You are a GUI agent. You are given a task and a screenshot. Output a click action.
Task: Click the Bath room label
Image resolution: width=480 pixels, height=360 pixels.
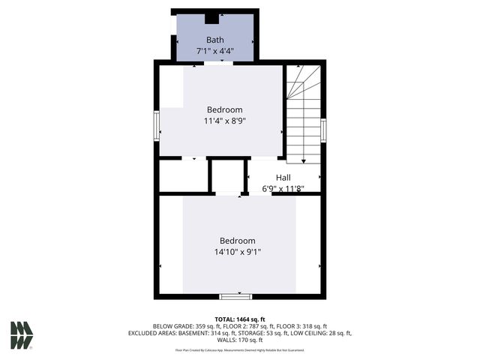point(215,39)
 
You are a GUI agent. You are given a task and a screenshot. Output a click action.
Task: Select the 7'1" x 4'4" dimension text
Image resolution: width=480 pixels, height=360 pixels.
point(215,50)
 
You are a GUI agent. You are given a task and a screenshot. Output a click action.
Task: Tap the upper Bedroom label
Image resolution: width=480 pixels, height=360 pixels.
point(224,109)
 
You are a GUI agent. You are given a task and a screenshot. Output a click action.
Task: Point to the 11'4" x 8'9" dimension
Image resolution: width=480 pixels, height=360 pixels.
point(224,121)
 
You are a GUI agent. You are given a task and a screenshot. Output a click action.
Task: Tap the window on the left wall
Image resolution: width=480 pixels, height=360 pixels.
point(157,125)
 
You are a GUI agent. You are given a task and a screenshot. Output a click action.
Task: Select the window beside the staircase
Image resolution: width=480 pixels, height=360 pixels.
point(323,130)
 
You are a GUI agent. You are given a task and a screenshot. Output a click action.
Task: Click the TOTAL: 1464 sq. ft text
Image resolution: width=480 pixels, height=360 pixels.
point(240,319)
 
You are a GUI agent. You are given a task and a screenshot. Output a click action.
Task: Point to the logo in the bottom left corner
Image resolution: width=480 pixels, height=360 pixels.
point(22,335)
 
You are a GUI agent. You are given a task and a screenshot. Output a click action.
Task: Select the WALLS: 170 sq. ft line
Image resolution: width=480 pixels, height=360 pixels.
point(240,340)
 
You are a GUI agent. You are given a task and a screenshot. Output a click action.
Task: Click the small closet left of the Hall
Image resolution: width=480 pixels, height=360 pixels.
point(227,177)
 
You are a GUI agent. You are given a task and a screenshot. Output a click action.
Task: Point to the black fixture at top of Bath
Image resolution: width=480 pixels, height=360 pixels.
point(212,19)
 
